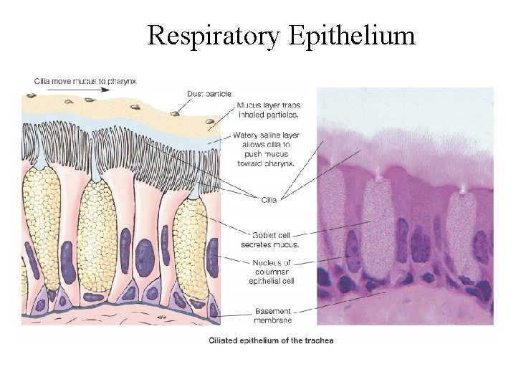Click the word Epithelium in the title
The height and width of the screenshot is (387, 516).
click(353, 35)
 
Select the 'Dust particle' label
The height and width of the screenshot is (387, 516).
click(208, 92)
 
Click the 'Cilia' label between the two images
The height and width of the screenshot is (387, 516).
click(268, 200)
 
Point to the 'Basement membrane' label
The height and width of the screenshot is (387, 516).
click(272, 315)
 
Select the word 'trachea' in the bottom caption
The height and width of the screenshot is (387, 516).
click(317, 340)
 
